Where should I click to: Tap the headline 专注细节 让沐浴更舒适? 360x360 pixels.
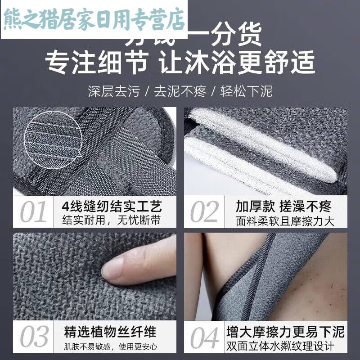(180, 63)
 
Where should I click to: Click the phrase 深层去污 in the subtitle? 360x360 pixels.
(113, 92)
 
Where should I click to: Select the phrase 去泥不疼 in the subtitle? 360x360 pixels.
(180, 92)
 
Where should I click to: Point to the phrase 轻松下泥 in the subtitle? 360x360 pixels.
(246, 92)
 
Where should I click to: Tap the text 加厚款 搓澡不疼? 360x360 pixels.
(283, 207)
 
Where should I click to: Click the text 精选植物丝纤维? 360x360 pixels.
(110, 333)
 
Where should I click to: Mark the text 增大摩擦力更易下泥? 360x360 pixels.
(285, 333)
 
